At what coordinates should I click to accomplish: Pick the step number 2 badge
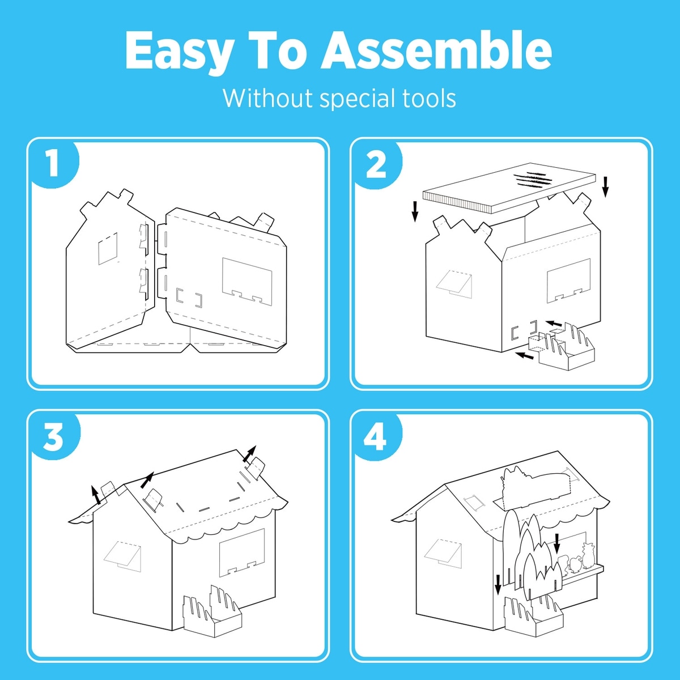tap(376, 164)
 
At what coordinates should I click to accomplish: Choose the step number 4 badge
tap(377, 436)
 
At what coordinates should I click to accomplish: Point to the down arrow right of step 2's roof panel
tap(606, 187)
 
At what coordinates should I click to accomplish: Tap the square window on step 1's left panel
tap(108, 248)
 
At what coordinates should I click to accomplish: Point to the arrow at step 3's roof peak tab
tap(250, 453)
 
